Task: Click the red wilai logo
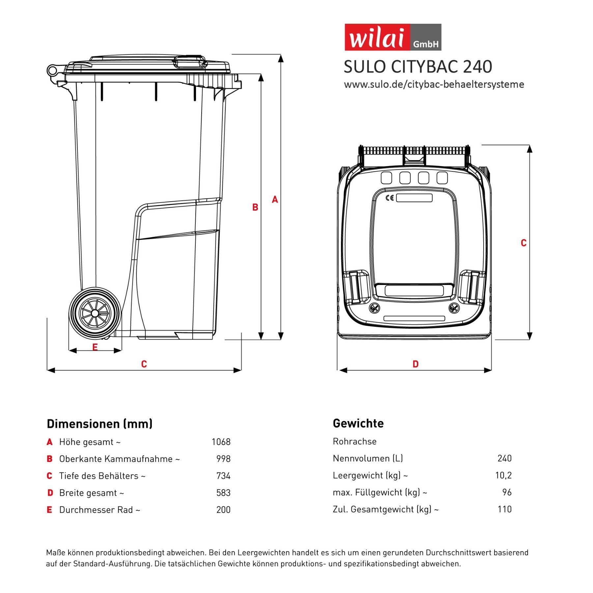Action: [x=393, y=37]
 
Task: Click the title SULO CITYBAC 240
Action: [x=418, y=67]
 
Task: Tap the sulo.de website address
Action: [x=434, y=84]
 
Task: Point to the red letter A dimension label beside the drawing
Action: [x=275, y=199]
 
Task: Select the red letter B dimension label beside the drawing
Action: [x=255, y=207]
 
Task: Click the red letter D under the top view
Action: [x=415, y=364]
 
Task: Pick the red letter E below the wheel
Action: [x=95, y=347]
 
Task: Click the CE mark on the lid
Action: [x=389, y=198]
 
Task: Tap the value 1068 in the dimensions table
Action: [x=221, y=442]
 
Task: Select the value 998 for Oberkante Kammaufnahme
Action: [x=223, y=459]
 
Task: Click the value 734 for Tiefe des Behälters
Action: [x=223, y=476]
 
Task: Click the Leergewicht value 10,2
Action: [x=503, y=475]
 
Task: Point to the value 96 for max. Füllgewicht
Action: [x=507, y=492]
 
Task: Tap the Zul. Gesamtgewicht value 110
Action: [x=504, y=509]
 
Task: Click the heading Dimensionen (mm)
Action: [x=99, y=424]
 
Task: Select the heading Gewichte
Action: [x=358, y=423]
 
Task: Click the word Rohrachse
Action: [x=354, y=441]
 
